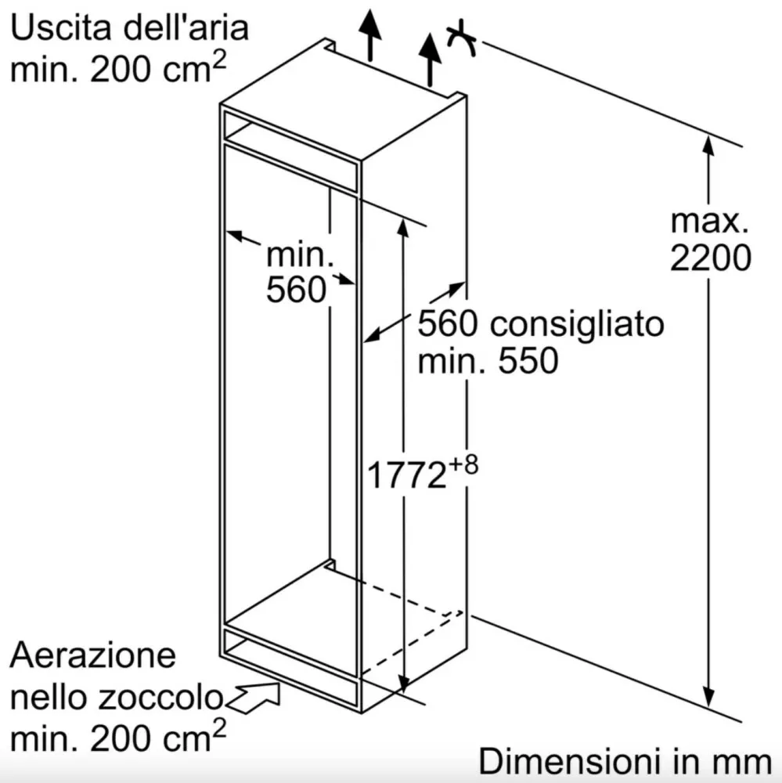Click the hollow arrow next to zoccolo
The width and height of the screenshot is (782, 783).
[x=254, y=697]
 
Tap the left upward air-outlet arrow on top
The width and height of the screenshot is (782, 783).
[x=370, y=35]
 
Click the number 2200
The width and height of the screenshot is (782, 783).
[x=710, y=258]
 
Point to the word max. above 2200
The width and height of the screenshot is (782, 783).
[x=709, y=222]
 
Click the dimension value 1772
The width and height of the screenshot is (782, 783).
[x=406, y=475]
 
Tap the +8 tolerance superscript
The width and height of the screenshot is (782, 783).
[x=463, y=464]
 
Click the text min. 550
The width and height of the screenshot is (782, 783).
[x=488, y=360]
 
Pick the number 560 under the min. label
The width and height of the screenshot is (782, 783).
[x=296, y=289]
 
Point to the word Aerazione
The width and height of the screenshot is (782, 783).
[x=93, y=655]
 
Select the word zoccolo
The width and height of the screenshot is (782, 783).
[x=160, y=697]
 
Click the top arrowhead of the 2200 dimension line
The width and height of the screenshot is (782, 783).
[x=708, y=145]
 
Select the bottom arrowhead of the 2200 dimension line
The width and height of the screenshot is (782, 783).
[x=708, y=696]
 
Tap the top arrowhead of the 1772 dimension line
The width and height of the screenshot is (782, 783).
[x=403, y=227]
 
